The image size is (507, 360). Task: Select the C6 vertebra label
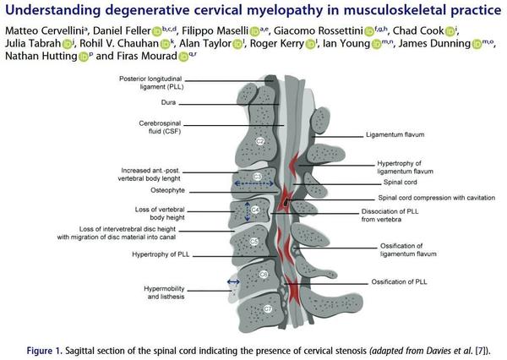(264, 275)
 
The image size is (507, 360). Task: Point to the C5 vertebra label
(254, 242)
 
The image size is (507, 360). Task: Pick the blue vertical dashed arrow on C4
(247, 211)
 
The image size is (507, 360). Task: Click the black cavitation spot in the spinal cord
(286, 203)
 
